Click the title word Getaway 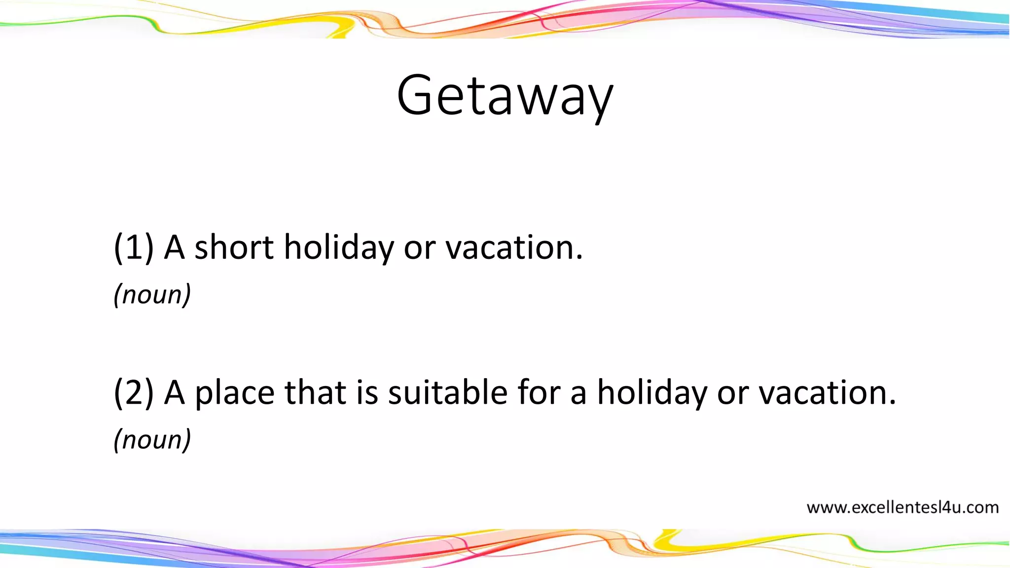pyautogui.click(x=505, y=96)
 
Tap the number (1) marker pyautogui.click(x=134, y=247)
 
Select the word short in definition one pyautogui.click(x=234, y=247)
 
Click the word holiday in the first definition pyautogui.click(x=339, y=248)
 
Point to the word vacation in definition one pyautogui.click(x=514, y=247)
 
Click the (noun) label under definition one pyautogui.click(x=152, y=295)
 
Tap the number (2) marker pyautogui.click(x=134, y=392)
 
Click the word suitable pyautogui.click(x=448, y=392)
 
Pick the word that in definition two pyautogui.click(x=315, y=392)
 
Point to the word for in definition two pyautogui.click(x=539, y=392)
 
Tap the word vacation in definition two pyautogui.click(x=827, y=392)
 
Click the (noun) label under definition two pyautogui.click(x=152, y=440)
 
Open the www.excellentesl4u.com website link pyautogui.click(x=902, y=507)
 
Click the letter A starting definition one pyautogui.click(x=174, y=247)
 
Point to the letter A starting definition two pyautogui.click(x=174, y=392)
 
